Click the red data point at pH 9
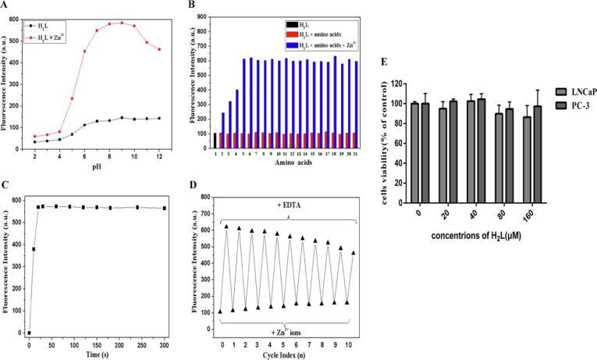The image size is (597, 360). tap(122, 23)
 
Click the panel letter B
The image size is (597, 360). tap(211, 7)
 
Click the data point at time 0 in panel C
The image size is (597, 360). tap(29, 333)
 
